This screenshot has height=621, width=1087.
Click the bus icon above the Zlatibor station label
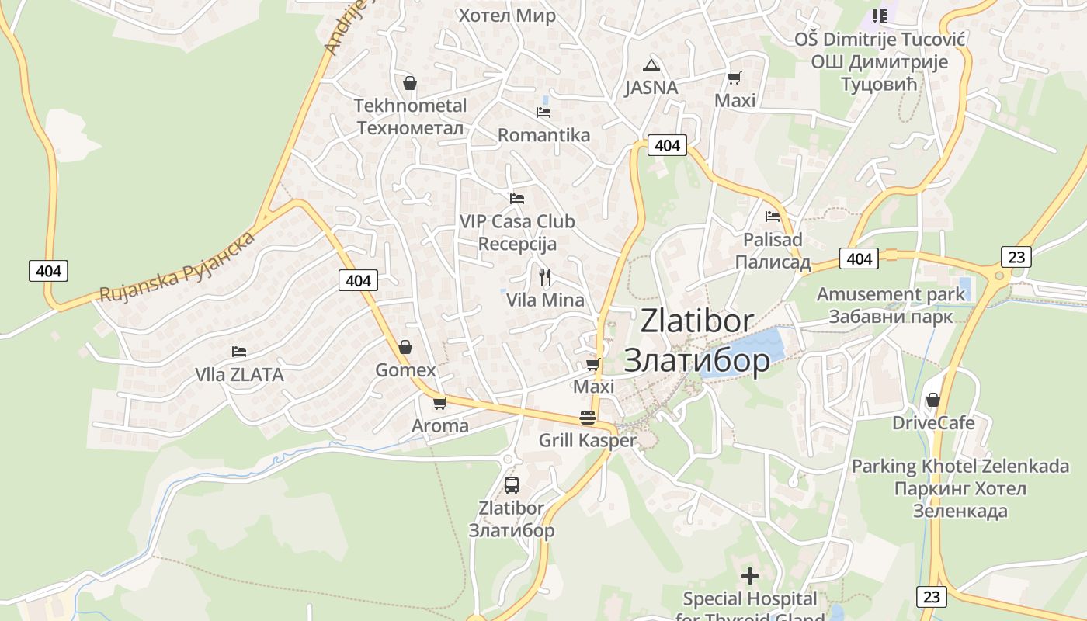pyautogui.click(x=511, y=485)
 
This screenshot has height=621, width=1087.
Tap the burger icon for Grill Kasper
pyautogui.click(x=588, y=418)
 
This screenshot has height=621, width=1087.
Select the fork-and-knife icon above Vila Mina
pyautogui.click(x=545, y=277)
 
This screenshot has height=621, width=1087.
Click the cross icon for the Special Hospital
pyautogui.click(x=750, y=576)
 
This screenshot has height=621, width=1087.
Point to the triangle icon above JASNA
pyautogui.click(x=651, y=65)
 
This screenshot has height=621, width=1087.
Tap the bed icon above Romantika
pyautogui.click(x=543, y=113)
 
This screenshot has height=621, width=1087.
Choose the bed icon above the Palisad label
pyautogui.click(x=773, y=217)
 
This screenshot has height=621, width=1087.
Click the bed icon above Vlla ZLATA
pyautogui.click(x=239, y=352)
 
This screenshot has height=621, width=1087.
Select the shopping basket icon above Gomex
pyautogui.click(x=405, y=347)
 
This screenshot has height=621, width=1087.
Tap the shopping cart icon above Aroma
pyautogui.click(x=440, y=403)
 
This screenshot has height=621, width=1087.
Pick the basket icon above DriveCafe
pyautogui.click(x=933, y=400)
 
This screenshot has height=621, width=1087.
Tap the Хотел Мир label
pyautogui.click(x=507, y=16)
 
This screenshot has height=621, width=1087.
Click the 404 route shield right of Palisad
pyautogui.click(x=859, y=258)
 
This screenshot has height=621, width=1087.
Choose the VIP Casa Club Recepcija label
pyautogui.click(x=517, y=232)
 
